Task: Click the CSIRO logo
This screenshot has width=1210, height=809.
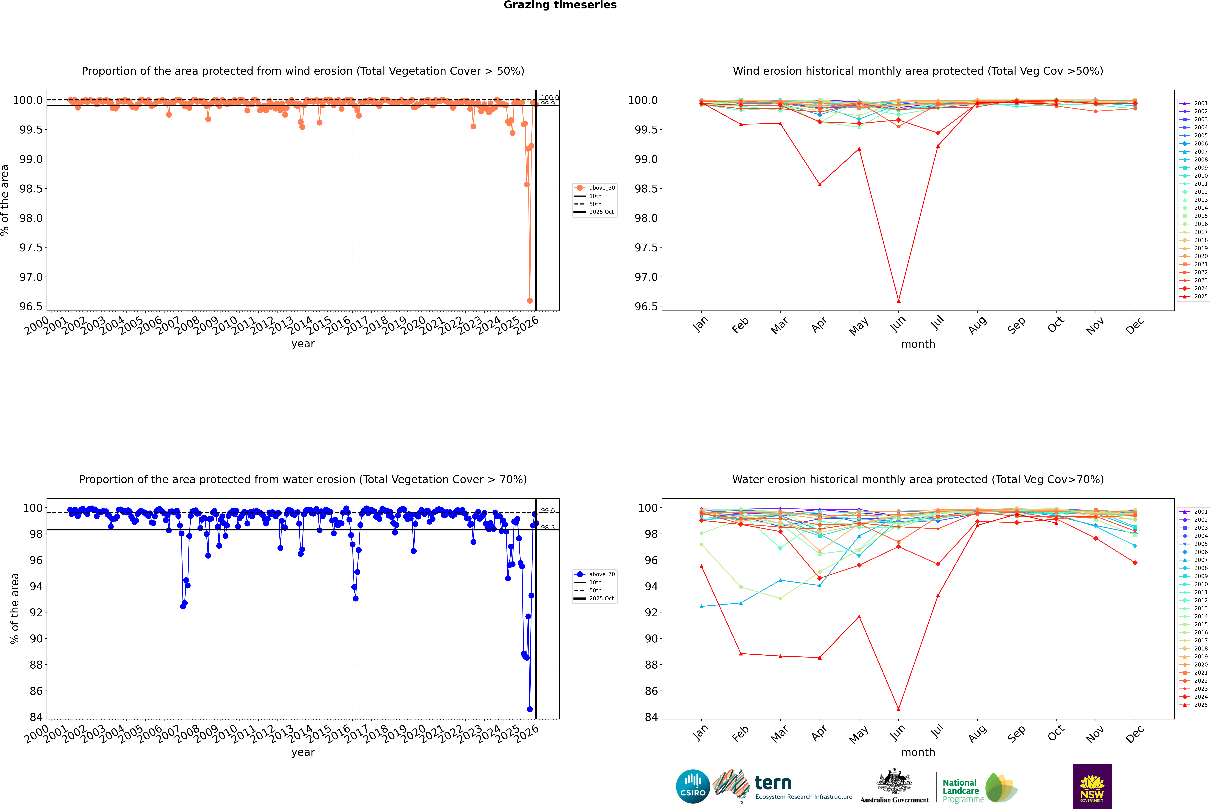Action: point(693,786)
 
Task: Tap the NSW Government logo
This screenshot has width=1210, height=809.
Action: point(1092,786)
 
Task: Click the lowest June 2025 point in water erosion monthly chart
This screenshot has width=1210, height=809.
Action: point(898,709)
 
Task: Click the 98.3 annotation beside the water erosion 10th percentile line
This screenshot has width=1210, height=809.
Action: point(548,528)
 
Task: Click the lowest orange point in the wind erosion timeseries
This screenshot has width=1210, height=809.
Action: point(530,301)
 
